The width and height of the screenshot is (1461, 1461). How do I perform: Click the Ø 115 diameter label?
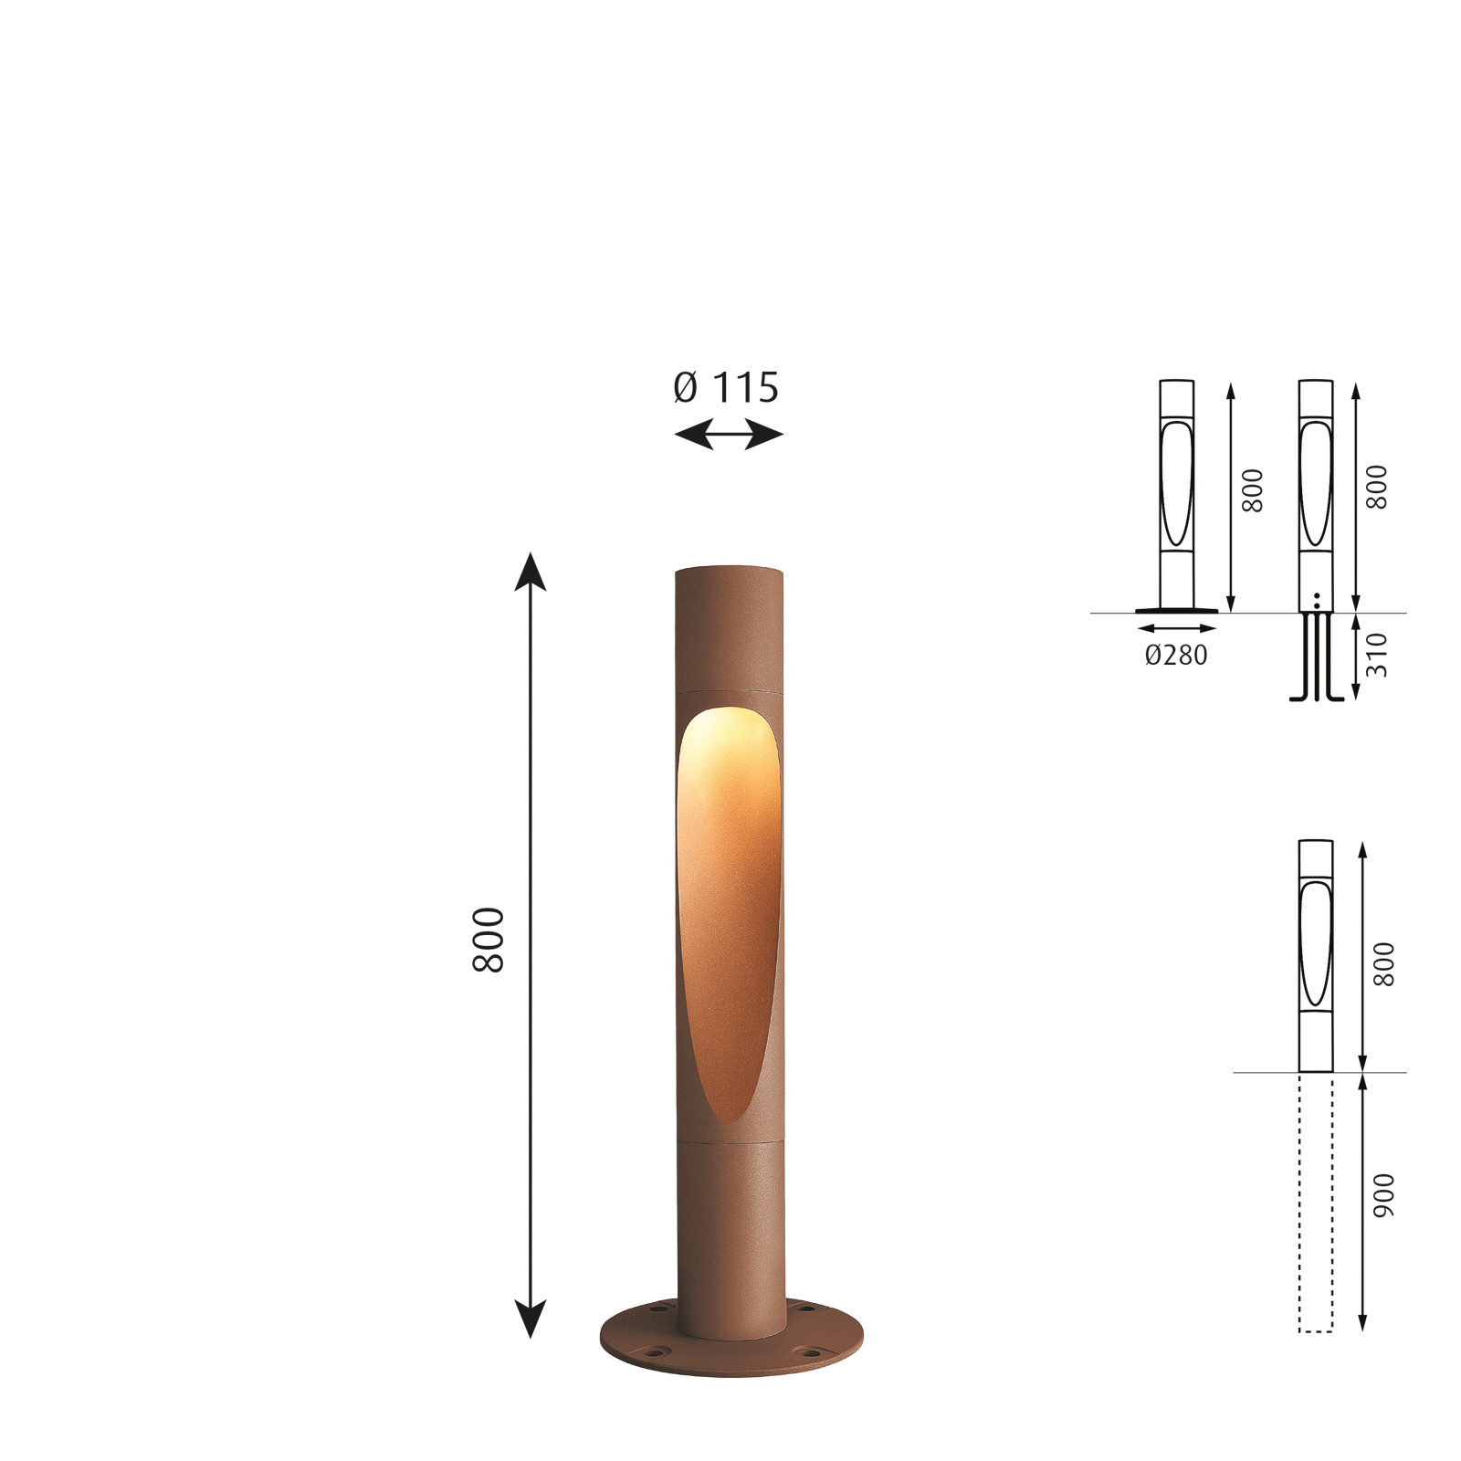[726, 388]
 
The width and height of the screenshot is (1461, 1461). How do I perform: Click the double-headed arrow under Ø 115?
[728, 435]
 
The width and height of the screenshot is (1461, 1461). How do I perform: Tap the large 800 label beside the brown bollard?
[489, 940]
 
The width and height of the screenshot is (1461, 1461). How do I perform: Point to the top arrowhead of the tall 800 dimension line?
[531, 570]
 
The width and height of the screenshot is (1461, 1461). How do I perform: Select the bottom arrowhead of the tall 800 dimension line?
[531, 1319]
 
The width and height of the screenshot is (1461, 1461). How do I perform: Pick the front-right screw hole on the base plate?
[810, 1351]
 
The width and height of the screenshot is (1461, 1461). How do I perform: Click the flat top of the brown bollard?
[729, 570]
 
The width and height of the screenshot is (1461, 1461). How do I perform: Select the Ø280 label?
[1176, 655]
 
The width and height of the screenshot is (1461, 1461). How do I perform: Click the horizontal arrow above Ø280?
[1177, 628]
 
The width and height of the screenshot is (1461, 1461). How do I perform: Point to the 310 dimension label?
[1377, 655]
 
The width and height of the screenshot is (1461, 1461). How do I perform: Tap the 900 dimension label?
[1384, 1195]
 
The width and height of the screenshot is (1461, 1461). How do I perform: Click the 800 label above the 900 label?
[1384, 964]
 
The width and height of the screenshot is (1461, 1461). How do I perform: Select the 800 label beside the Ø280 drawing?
[1253, 490]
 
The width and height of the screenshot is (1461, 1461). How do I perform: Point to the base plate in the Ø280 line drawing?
[1176, 611]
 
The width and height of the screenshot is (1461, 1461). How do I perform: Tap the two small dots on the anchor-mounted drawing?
[1317, 600]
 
